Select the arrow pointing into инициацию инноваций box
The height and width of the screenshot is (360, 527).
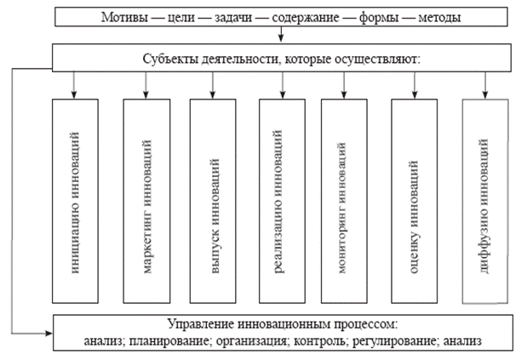[77, 83]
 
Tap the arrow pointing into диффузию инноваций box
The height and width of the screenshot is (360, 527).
[485, 83]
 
